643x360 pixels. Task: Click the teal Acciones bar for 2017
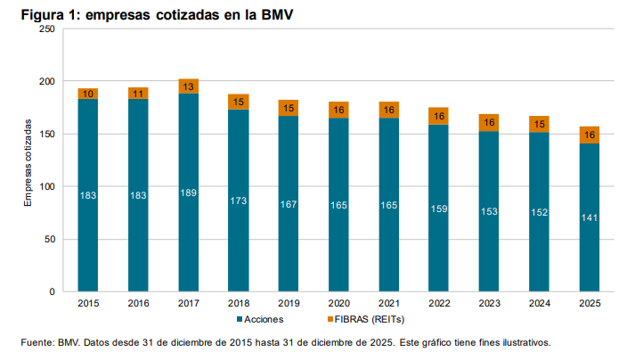[188, 232]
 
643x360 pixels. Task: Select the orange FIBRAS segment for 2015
[87, 94]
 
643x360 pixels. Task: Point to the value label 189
[188, 193]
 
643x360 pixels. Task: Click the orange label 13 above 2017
[188, 86]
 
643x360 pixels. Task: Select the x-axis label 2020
[338, 304]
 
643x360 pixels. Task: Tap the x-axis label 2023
[489, 304]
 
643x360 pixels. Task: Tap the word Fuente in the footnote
[37, 342]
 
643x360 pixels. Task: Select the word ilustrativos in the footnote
[526, 342]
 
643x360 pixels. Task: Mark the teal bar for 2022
[438, 241]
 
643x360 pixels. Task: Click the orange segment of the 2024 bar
[539, 124]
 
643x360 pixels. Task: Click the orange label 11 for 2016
[137, 93]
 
